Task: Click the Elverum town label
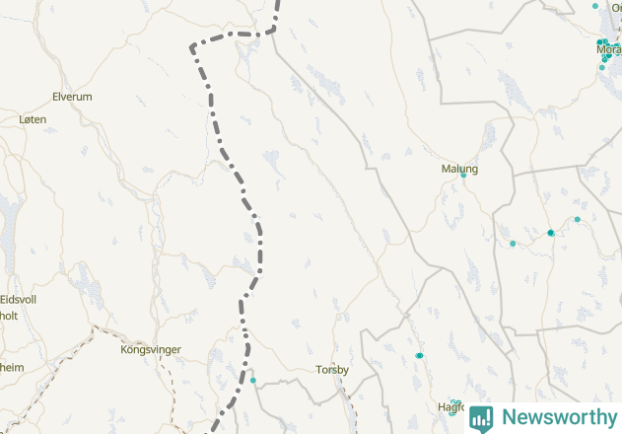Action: [x=71, y=97]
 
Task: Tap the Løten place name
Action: [x=33, y=118]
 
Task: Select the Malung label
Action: [x=459, y=169]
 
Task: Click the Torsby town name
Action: [x=332, y=370]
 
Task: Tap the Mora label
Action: [x=608, y=48]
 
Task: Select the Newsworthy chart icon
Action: [x=481, y=417]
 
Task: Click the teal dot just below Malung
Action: [x=463, y=176]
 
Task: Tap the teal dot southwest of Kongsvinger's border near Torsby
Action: [x=253, y=381]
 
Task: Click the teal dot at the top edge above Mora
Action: [x=595, y=6]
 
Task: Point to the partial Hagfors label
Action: [x=449, y=406]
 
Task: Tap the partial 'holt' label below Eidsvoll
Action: [x=9, y=316]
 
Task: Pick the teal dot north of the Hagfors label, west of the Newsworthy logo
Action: [x=420, y=355]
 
